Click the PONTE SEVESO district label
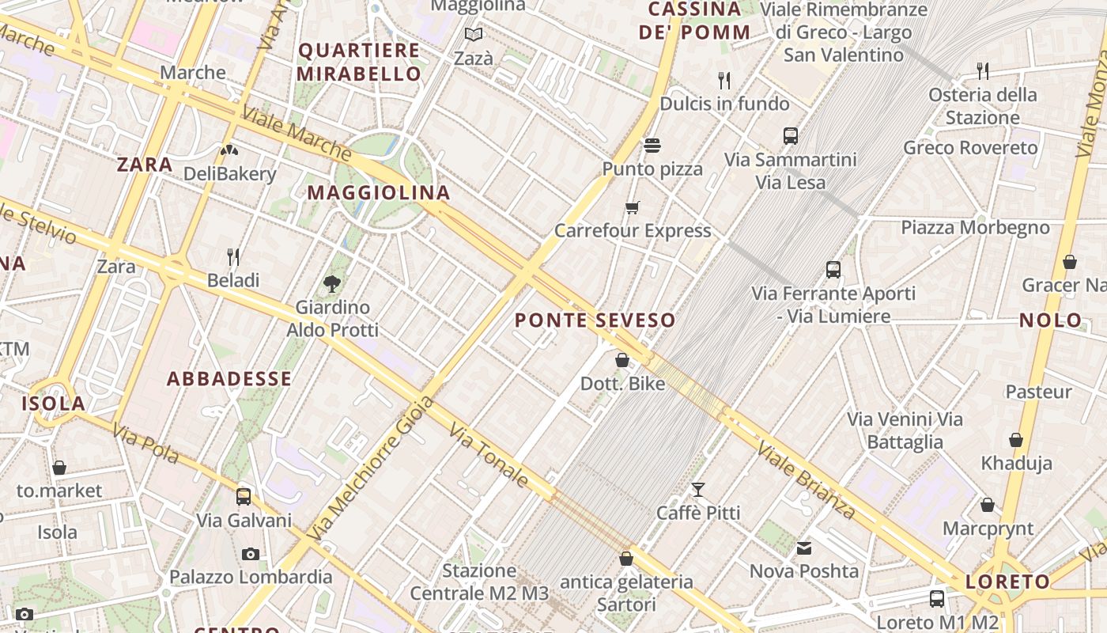[595, 320]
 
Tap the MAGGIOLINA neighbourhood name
[379, 192]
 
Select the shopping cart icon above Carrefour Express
[632, 208]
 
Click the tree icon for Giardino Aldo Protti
[332, 283]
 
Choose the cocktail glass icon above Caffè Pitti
[697, 490]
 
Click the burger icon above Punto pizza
[652, 146]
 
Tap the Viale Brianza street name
[806, 480]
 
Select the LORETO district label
[1007, 582]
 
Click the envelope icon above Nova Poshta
[804, 548]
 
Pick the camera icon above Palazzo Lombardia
[251, 554]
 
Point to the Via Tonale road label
[489, 455]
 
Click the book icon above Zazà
[474, 35]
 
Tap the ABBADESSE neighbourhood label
[229, 379]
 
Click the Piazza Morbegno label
[975, 228]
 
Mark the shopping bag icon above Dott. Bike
[622, 361]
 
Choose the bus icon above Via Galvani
[244, 497]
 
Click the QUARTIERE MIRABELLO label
[360, 63]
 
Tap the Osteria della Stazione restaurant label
[983, 106]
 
